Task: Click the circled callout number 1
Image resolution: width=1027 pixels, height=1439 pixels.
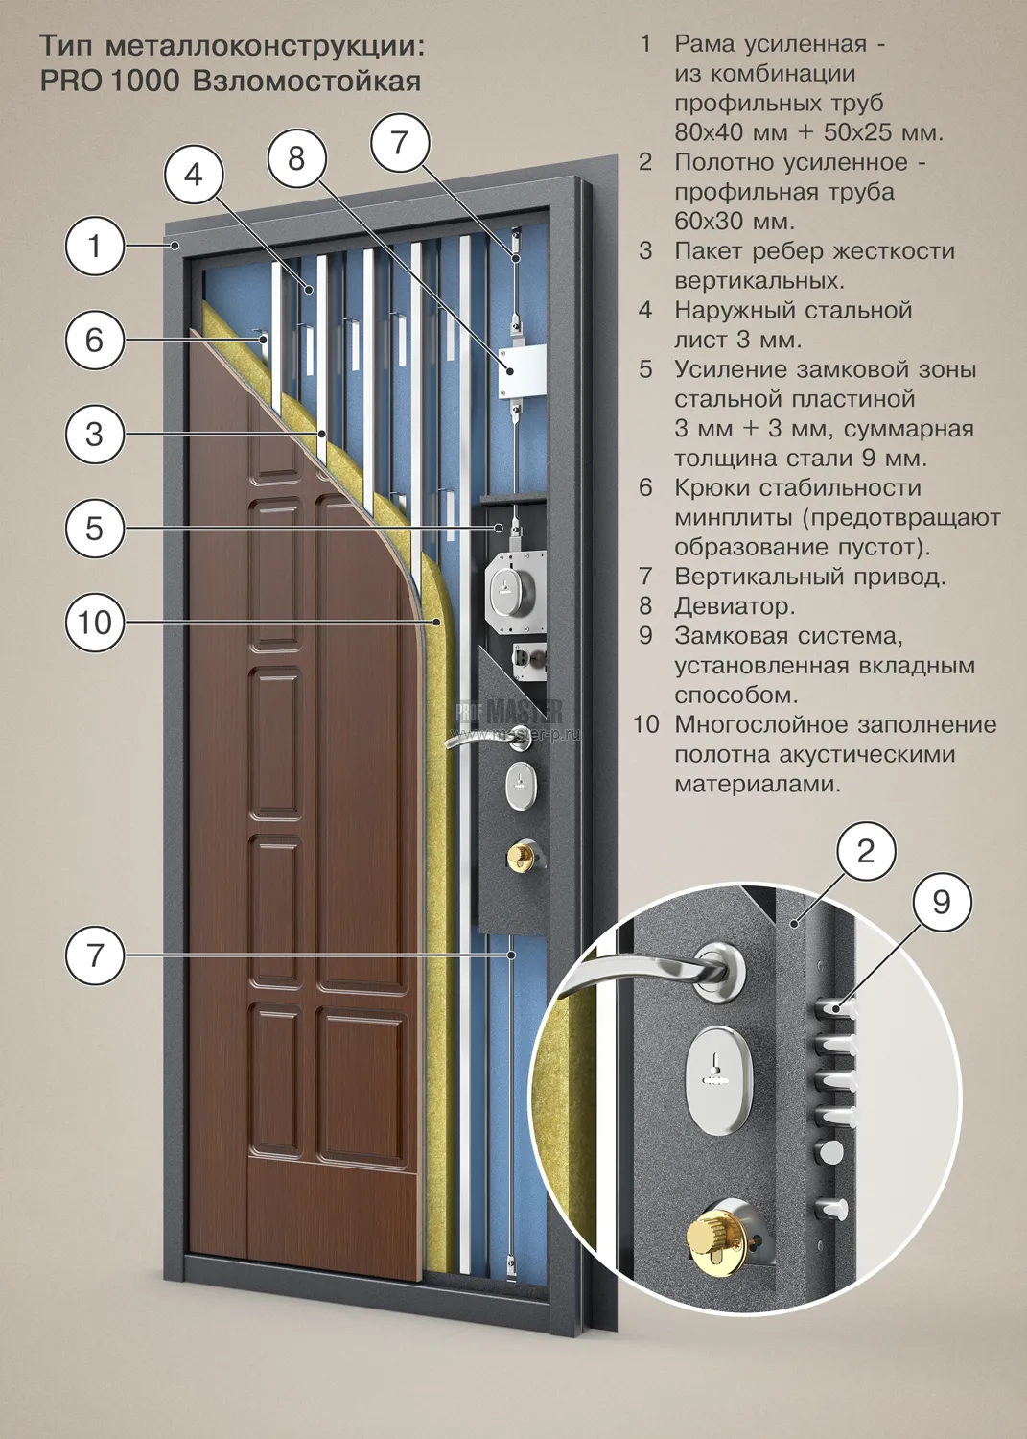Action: click(94, 246)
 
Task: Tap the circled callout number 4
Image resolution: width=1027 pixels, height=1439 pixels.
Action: click(194, 175)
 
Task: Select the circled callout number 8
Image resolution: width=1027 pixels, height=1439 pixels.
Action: click(296, 158)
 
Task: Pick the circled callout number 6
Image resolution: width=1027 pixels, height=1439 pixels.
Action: click(94, 340)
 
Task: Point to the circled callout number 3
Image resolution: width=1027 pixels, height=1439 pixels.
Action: click(94, 435)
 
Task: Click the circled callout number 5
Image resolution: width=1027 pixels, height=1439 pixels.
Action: click(94, 528)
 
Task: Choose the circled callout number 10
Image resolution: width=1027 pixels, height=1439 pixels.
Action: click(94, 623)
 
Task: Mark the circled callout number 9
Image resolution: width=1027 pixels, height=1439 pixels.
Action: click(941, 903)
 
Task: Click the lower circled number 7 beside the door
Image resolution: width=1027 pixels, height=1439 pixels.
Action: click(94, 955)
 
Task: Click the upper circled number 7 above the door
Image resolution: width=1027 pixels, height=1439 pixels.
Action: click(400, 142)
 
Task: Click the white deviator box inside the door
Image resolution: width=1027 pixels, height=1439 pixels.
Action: click(522, 370)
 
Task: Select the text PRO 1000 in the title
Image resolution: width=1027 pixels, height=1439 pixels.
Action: click(110, 82)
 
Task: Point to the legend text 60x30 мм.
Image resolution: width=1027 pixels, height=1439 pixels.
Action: click(735, 221)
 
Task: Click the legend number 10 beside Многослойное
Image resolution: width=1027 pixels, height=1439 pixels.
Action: click(646, 724)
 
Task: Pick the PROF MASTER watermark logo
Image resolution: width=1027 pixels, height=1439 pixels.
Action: click(509, 712)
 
